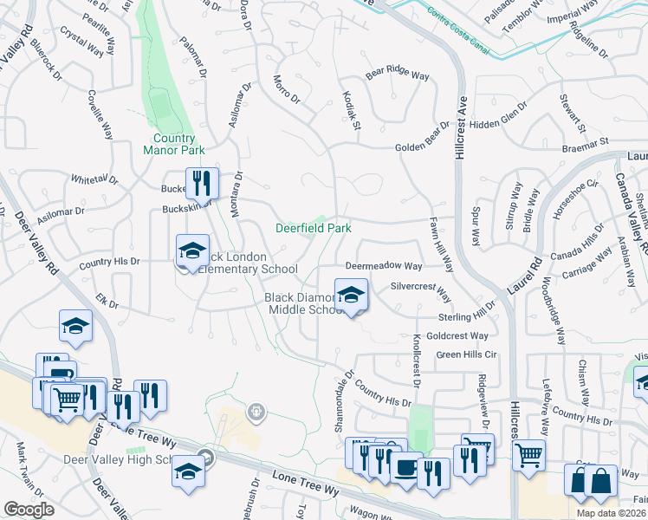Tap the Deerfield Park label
point(313,229)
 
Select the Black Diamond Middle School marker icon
point(351,295)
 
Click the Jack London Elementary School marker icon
point(192,251)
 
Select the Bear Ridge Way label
point(397,75)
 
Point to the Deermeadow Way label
point(384,266)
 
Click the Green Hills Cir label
point(466,354)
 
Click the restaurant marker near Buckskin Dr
point(201,184)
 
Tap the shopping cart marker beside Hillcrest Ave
point(528,453)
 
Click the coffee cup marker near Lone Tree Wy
point(405,468)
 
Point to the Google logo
point(29,510)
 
